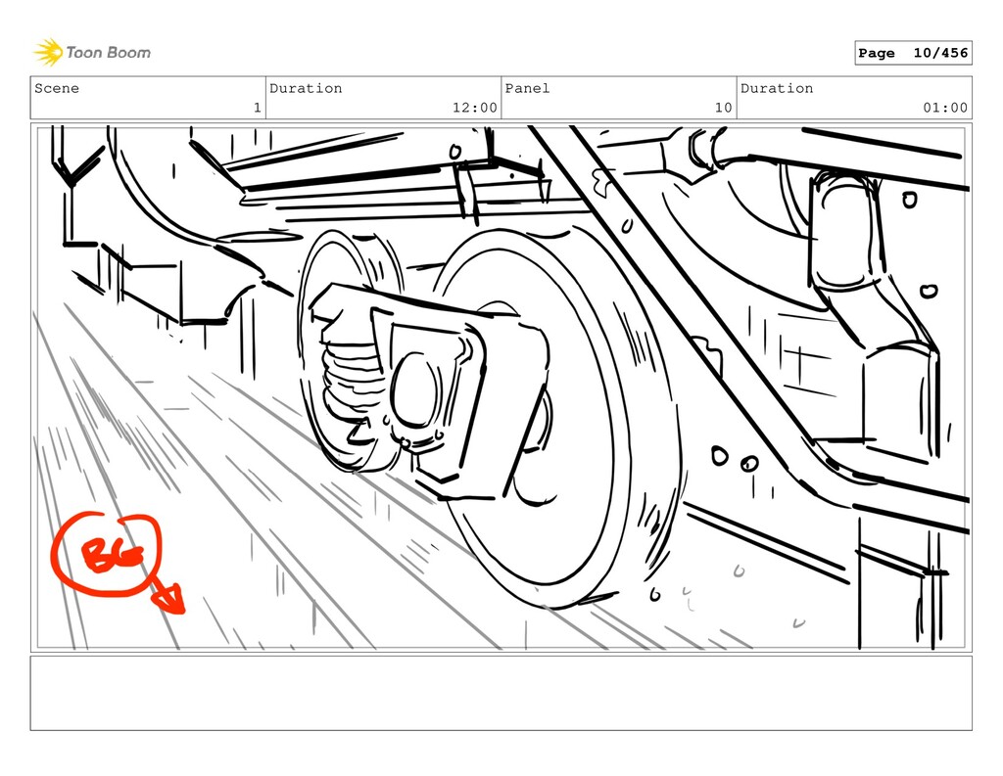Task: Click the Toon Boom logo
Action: click(x=93, y=53)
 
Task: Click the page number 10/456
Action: click(x=940, y=53)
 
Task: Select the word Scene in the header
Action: click(x=57, y=88)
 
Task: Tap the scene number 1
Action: click(x=258, y=108)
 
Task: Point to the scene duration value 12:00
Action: click(x=475, y=108)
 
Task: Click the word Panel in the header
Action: click(x=527, y=88)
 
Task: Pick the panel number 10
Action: click(x=724, y=108)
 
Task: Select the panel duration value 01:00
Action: click(x=945, y=108)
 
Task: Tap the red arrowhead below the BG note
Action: click(x=170, y=600)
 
